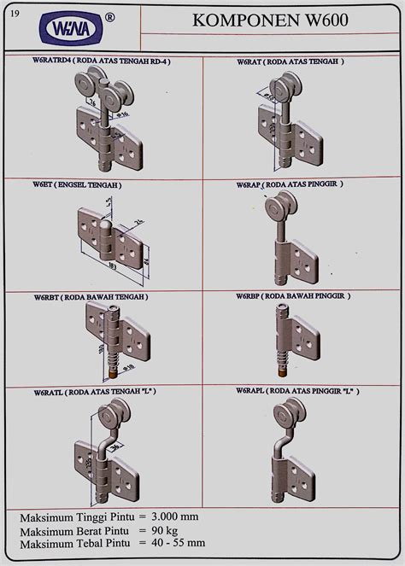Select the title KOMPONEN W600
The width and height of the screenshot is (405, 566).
coord(281,21)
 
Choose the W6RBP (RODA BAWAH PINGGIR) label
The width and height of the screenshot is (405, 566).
coord(293,296)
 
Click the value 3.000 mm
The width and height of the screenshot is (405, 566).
coord(180,518)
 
